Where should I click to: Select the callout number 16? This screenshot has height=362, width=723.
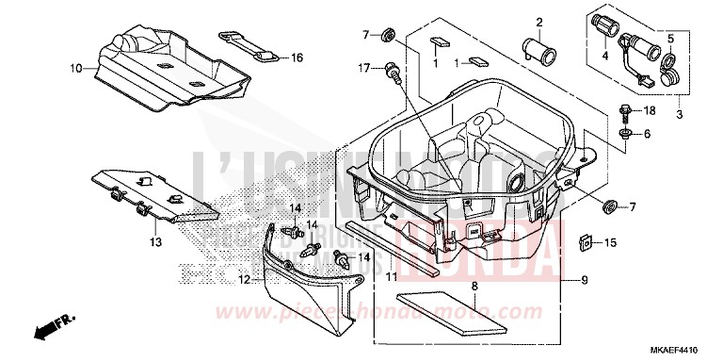(297, 58)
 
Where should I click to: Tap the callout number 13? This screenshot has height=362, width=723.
(155, 242)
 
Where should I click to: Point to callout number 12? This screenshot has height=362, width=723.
(245, 281)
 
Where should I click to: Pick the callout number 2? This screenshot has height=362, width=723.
(539, 23)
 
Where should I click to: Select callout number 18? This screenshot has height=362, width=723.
(650, 111)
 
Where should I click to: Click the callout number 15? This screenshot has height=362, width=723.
(611, 243)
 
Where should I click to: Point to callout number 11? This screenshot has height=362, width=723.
(391, 279)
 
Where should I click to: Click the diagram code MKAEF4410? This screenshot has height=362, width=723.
(685, 348)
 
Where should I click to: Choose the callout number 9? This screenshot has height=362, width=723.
(585, 279)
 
